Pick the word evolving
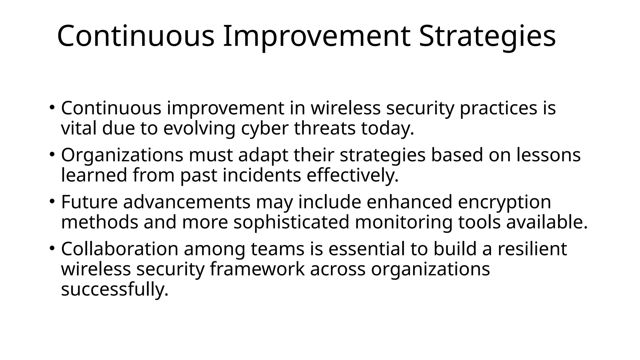[199, 128]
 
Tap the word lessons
[548, 155]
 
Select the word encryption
[504, 202]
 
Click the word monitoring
[404, 222]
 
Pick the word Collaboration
[119, 249]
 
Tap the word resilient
[532, 249]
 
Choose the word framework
[257, 269]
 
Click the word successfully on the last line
[115, 289]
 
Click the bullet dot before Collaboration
[52, 248]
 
